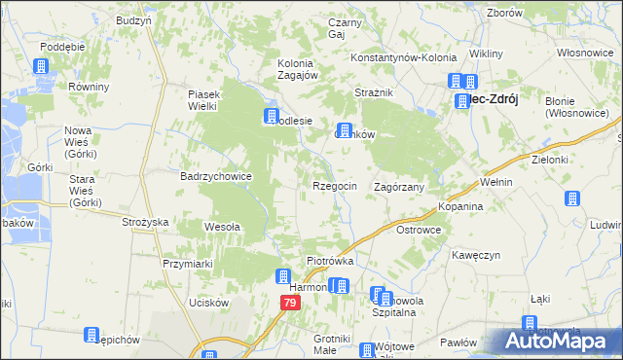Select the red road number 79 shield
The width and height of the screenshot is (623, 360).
290,304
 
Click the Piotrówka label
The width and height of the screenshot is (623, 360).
330,262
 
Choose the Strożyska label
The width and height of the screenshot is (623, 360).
146,223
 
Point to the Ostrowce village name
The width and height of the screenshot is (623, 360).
420,230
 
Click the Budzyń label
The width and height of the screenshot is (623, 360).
133,20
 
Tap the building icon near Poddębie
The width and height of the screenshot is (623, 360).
42,66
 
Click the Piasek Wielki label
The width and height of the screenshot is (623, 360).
205,100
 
